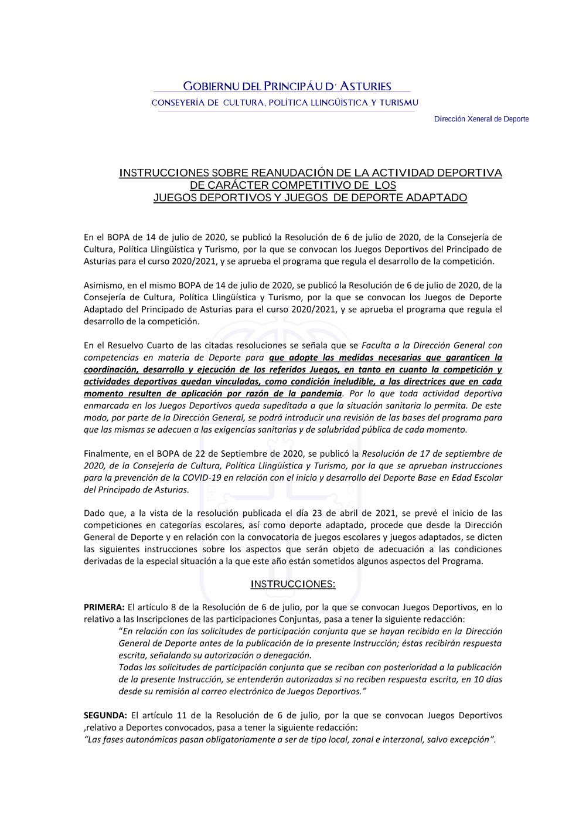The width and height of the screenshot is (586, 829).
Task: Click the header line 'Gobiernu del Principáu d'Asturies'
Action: point(287,86)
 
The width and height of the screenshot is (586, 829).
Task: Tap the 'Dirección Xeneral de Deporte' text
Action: point(481,119)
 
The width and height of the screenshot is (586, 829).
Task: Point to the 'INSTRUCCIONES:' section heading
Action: point(292,584)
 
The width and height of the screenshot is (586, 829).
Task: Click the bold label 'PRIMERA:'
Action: point(104,607)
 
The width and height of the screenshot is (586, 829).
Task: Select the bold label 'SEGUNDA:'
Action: point(105,715)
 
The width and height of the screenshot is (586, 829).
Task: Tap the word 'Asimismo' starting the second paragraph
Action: point(103,286)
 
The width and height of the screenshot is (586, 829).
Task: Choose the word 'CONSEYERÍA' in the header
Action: point(177,103)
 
